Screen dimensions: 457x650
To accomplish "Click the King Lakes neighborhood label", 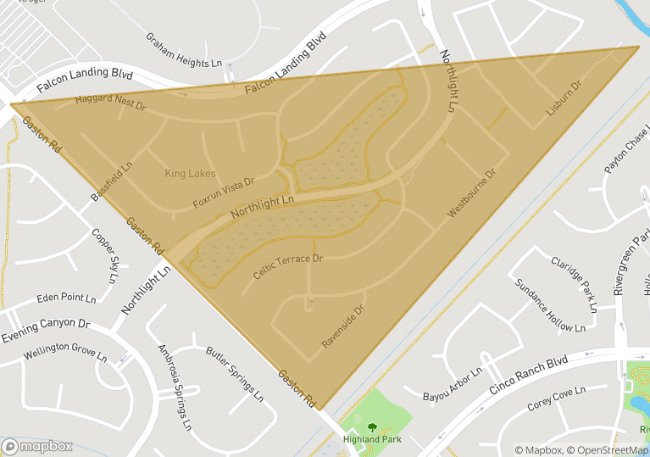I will point(190,174).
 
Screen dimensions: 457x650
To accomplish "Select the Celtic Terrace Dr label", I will point(288,267).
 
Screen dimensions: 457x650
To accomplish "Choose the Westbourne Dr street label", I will point(471,192).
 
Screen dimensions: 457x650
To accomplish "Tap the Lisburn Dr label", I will point(564,98).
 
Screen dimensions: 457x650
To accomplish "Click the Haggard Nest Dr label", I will point(111,103).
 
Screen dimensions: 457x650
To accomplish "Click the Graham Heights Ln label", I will point(183,51).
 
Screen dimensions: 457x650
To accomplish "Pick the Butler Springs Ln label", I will point(234,373).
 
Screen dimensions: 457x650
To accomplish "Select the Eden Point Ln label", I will point(66,298).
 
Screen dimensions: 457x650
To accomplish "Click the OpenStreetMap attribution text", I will point(608,450).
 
